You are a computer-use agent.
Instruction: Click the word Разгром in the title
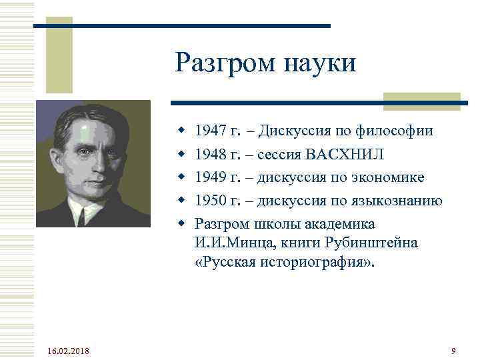(220, 63)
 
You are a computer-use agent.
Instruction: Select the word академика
(337, 224)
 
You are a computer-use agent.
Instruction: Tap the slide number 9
(453, 351)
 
